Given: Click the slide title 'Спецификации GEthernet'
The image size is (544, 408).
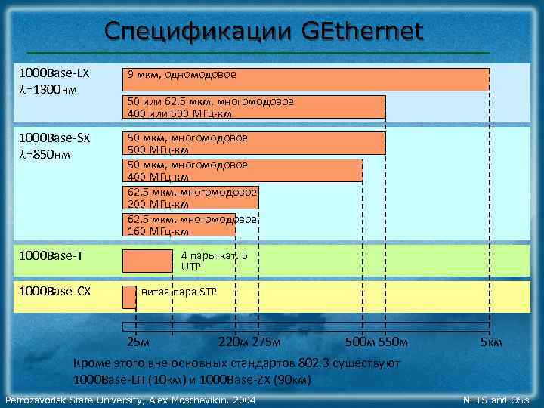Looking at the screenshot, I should coord(264,32).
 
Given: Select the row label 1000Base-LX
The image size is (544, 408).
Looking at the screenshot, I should coord(54,74).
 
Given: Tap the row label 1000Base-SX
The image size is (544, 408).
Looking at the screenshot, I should coord(54,138).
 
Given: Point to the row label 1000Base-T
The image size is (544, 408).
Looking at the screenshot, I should coord(51,255).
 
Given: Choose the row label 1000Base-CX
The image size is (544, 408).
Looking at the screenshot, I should coord(54,291).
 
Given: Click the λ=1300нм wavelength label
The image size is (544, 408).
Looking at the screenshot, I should coord(45,89).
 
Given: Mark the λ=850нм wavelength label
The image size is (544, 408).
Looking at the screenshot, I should coord(45,154).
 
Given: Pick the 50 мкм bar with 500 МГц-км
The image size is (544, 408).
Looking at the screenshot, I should coord(253,144).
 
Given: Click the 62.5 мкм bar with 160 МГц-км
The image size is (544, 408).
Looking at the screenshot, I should coord(179,224).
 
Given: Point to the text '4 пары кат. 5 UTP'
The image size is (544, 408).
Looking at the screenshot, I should coord(214,261).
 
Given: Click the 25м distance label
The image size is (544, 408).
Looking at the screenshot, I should coord(138,343).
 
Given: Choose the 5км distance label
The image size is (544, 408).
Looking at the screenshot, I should coord(492,343).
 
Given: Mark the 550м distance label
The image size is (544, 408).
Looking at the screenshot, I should coord(392,343).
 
